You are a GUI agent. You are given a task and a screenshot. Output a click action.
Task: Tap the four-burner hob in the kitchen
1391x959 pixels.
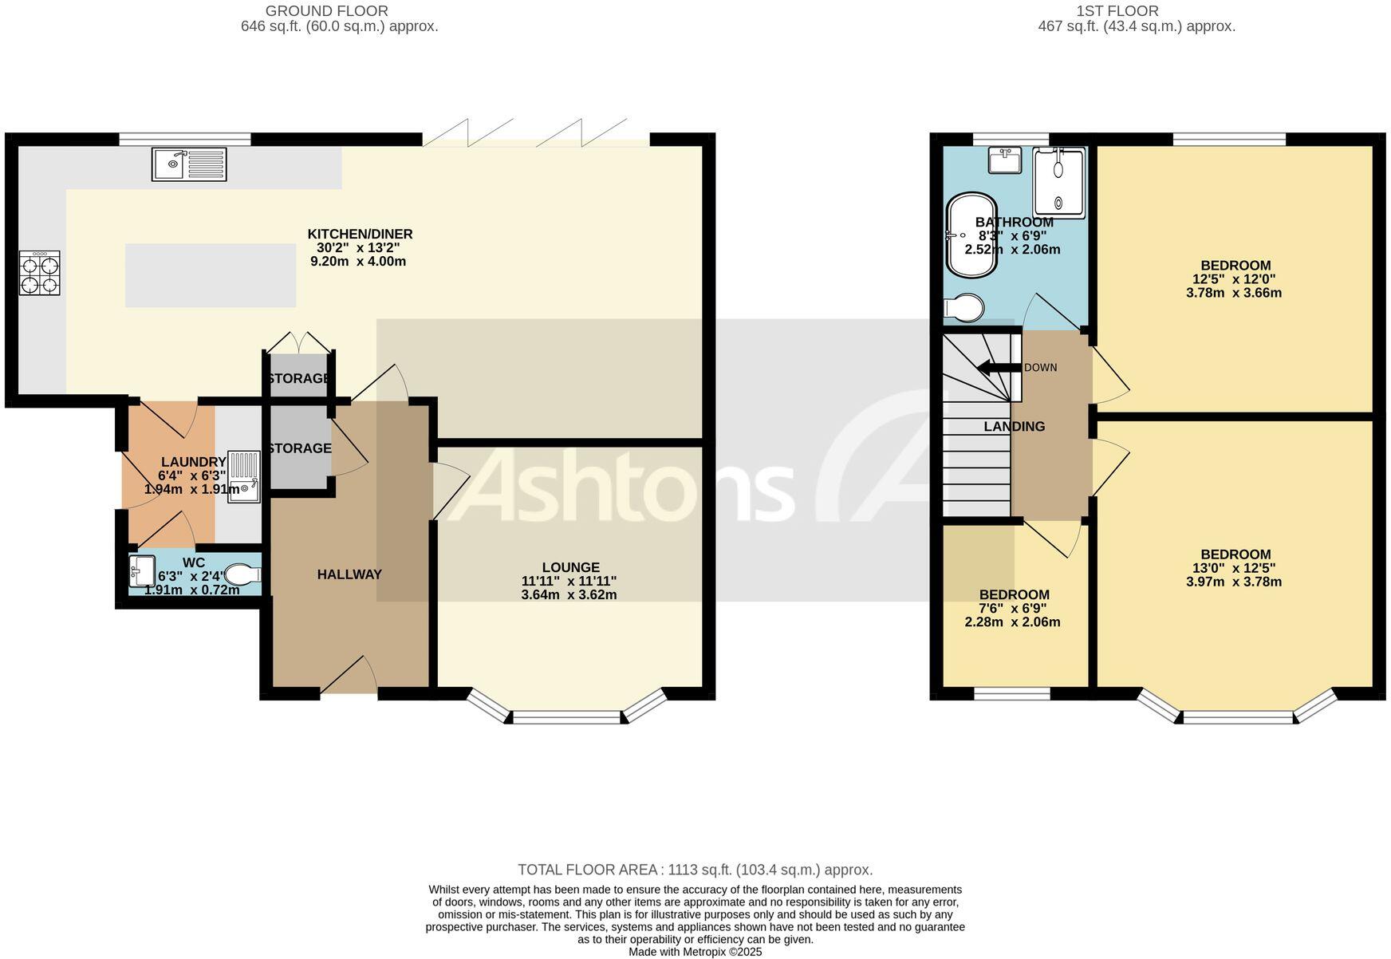40,273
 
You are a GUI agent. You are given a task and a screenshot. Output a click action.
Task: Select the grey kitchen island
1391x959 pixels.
211,275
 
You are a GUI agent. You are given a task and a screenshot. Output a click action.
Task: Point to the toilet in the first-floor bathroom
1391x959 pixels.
964,308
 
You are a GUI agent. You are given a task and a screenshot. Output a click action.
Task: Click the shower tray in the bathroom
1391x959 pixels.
1060,182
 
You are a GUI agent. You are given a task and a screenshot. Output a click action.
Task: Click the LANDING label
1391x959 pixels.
1014,427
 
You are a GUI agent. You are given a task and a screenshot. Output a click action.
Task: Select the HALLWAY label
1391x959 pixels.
349,574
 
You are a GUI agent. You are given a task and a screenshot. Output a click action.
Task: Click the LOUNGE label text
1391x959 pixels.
570,568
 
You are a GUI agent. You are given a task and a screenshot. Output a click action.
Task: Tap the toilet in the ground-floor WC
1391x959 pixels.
243,574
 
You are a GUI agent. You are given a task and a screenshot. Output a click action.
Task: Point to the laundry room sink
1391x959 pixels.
244,477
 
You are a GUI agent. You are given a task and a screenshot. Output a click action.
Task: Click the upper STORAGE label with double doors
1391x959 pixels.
299,378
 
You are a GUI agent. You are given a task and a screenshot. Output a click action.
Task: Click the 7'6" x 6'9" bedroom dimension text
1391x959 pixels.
1012,608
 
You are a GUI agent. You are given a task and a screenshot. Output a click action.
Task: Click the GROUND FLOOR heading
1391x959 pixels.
326,11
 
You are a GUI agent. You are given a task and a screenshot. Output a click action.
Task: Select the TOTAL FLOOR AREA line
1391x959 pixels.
695,870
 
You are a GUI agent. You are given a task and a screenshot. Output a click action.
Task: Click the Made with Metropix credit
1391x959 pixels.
695,952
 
